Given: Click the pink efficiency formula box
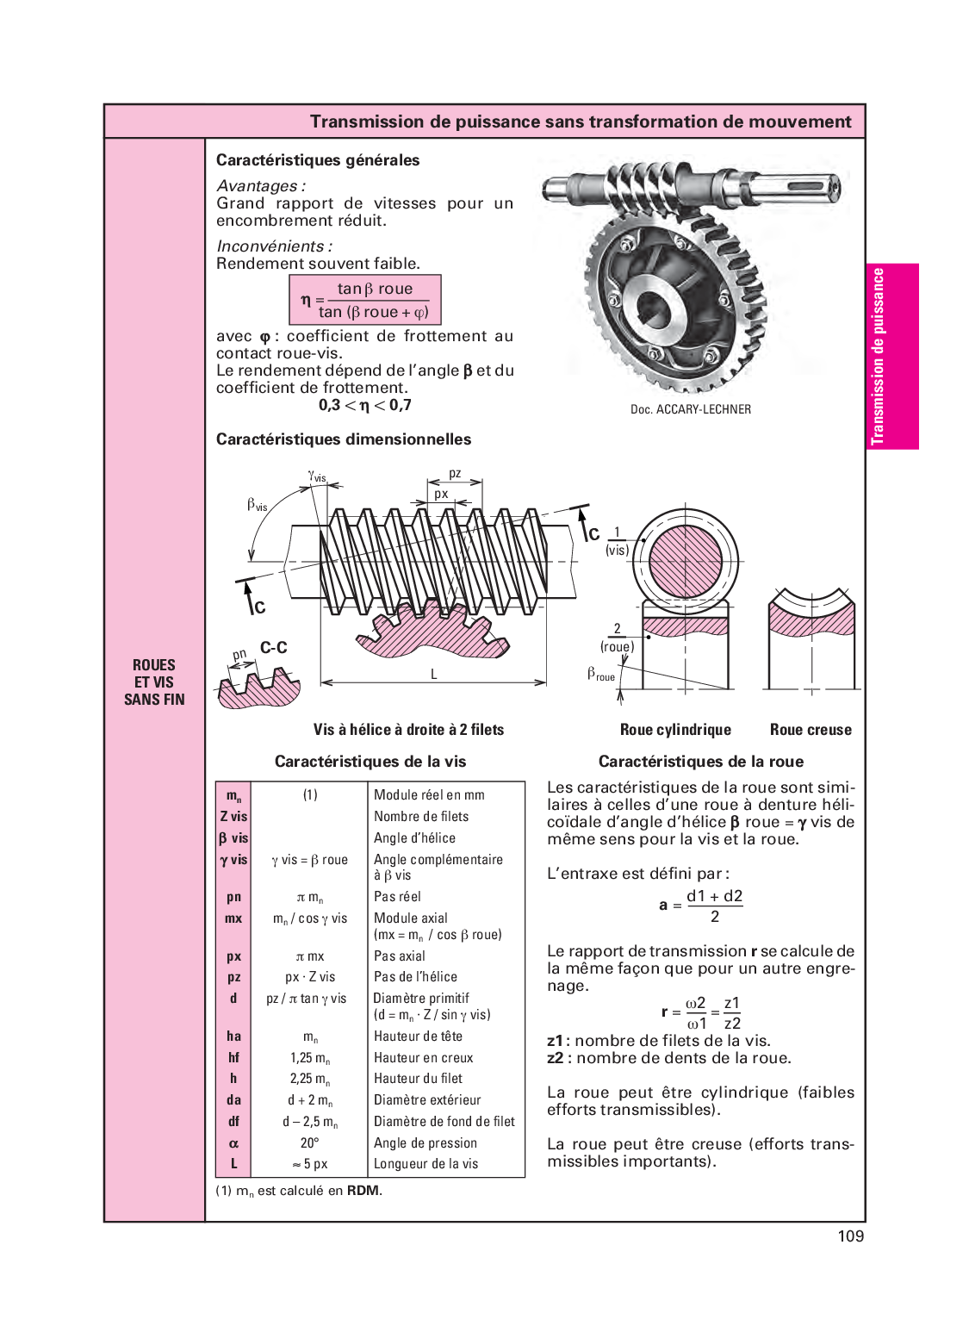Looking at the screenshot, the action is point(364,300).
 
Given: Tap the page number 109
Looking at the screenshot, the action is point(851,1236).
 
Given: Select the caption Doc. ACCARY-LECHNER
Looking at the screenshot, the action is point(690,409).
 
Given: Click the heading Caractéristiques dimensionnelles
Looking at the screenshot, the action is point(344,439).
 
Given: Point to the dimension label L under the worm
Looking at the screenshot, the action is point(434,674).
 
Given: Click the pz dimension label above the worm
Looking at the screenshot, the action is point(455,473).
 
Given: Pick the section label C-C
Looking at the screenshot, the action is point(274,648).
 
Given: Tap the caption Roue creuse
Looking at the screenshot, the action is point(811,729).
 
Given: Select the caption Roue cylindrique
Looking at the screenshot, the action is point(675,729).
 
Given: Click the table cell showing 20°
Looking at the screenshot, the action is point(309,1142).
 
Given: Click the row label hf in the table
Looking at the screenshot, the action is point(233,1057).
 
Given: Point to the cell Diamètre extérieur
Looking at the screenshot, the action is point(426,1100).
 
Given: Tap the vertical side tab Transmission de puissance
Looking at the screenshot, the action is point(892,357).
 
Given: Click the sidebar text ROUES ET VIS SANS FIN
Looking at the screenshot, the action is point(154,682).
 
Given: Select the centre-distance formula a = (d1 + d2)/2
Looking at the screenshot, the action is point(701,906).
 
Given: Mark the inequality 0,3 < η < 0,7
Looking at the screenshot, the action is point(364,405).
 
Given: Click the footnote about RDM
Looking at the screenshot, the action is point(299,1191).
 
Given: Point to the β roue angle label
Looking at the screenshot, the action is point(601,674).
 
